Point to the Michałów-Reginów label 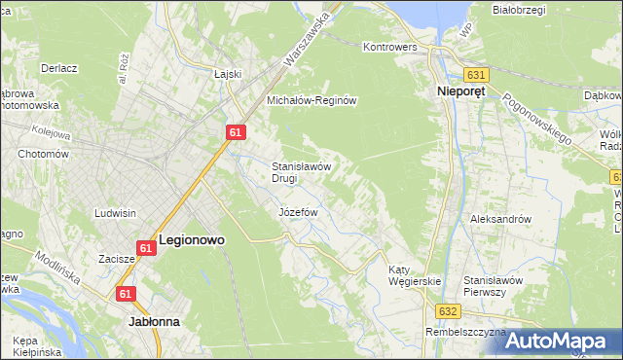[x=314, y=100]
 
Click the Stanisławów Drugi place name [x=303, y=172]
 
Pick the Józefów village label [x=299, y=211]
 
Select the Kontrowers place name [x=389, y=46]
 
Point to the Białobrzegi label [x=517, y=11]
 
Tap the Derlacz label [x=59, y=69]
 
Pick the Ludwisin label [x=115, y=212]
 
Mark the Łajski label [x=227, y=73]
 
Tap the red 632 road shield [x=447, y=310]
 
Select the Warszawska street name [x=308, y=38]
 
